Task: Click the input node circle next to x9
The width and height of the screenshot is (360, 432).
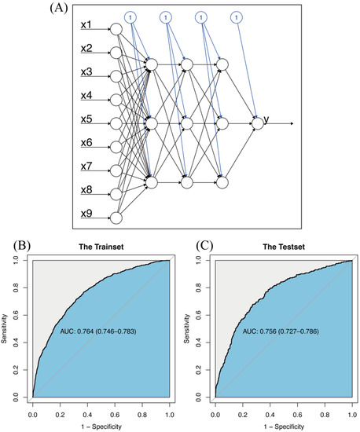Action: pos(116,218)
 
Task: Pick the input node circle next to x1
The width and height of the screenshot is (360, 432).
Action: pos(116,30)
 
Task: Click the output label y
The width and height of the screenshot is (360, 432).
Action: pos(266,121)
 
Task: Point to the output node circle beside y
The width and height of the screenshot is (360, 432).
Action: pos(256,123)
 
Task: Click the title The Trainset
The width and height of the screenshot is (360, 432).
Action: pos(100,246)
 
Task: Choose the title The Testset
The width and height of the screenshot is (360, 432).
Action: pos(281,246)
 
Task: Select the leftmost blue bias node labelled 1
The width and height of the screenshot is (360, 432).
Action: pos(130,16)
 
